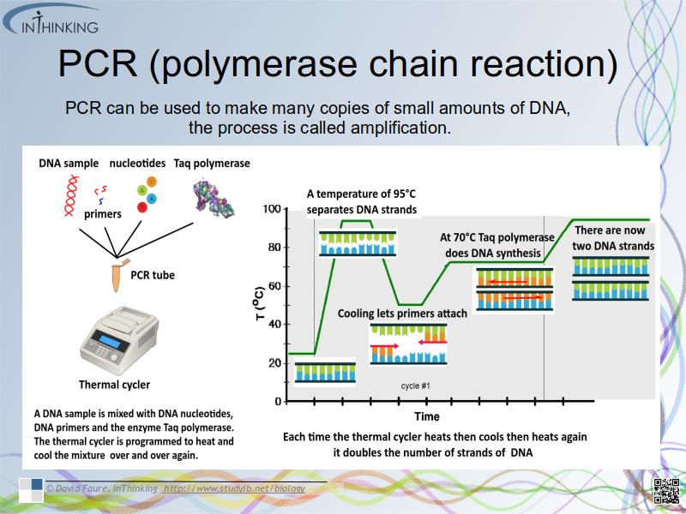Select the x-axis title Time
pos(427,416)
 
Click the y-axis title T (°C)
pos(256,305)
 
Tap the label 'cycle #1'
pos(415,386)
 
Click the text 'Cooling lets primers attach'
pos(402,314)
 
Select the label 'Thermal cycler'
pos(114,385)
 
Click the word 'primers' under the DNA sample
pos(103,214)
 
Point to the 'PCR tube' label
pos(153,276)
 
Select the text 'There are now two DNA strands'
pos(613,238)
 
